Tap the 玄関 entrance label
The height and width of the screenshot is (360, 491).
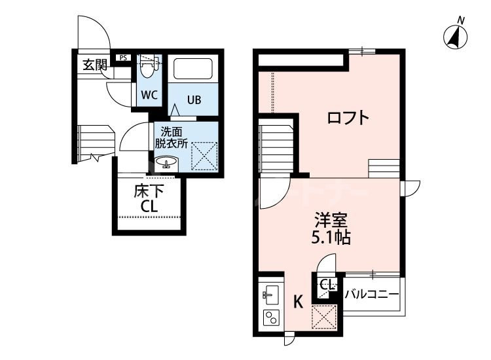[x=94, y=65]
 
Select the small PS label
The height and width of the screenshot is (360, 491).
[x=123, y=58]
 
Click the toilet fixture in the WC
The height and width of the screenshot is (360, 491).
[x=149, y=67]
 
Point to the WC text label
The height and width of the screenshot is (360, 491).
[x=149, y=94]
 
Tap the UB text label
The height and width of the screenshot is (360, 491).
[x=194, y=100]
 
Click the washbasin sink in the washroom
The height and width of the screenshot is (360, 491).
[x=164, y=164]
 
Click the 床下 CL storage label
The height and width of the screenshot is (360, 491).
[x=149, y=199]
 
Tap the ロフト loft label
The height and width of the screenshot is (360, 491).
[x=348, y=119]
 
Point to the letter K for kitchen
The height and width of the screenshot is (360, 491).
[x=298, y=302]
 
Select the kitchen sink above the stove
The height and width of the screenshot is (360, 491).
[x=270, y=292]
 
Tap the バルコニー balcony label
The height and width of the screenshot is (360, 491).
[x=371, y=294]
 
